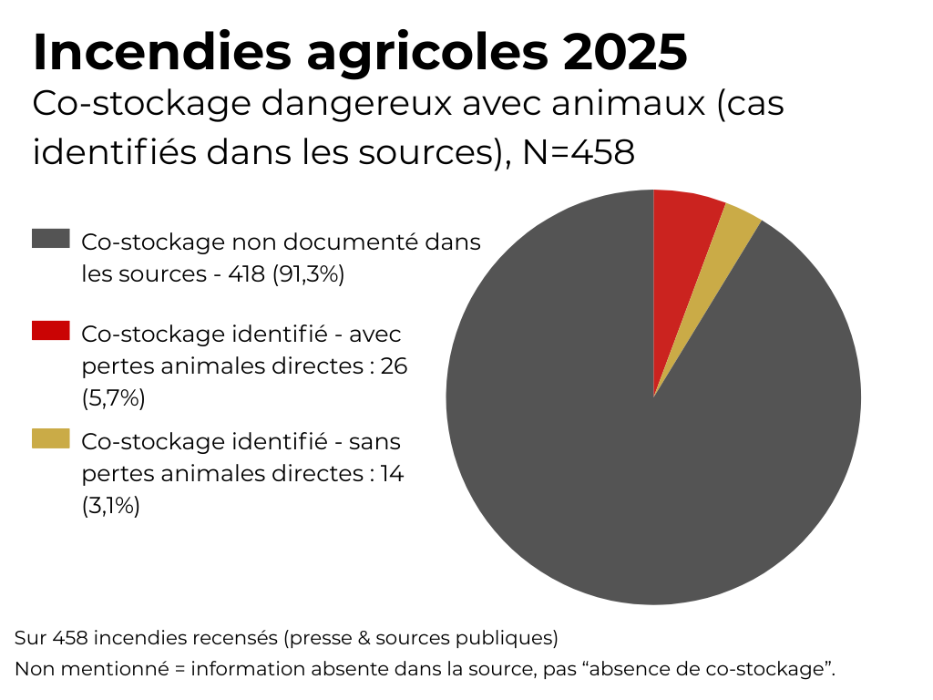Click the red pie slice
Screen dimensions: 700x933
click(x=683, y=237)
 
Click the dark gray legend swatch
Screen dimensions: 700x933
click(x=51, y=239)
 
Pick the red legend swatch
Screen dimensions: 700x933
click(x=51, y=330)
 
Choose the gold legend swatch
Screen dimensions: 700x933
click(x=51, y=438)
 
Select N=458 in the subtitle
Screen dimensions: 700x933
click(x=578, y=152)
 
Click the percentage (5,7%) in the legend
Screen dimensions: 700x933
click(x=113, y=398)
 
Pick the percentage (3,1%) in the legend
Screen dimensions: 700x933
click(x=111, y=506)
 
